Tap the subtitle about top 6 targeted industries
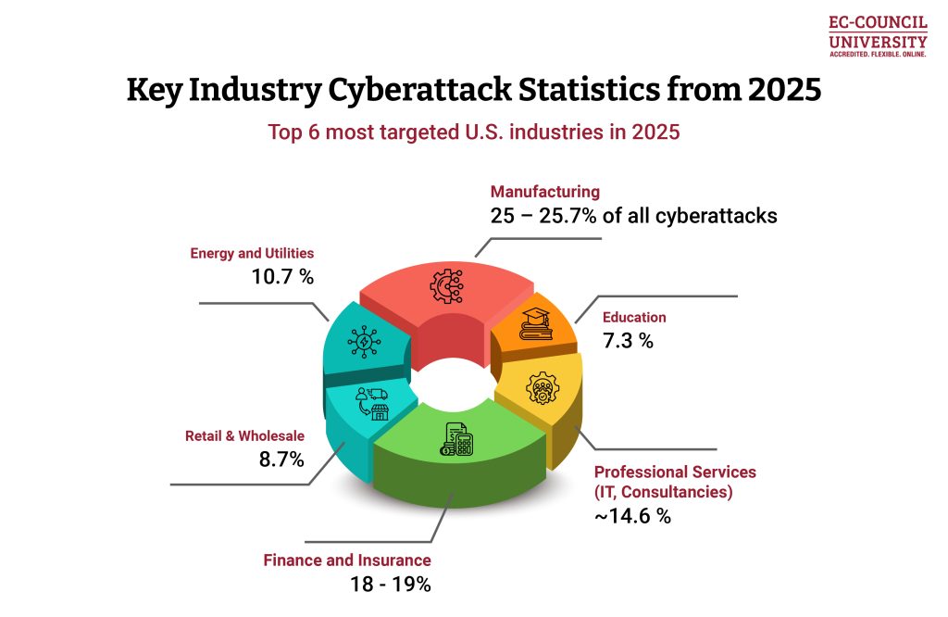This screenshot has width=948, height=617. click(x=474, y=132)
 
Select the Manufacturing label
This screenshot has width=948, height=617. click(x=545, y=192)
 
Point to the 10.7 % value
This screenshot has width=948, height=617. click(x=281, y=276)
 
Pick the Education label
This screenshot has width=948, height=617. click(x=634, y=318)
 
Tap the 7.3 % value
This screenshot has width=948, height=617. click(x=628, y=341)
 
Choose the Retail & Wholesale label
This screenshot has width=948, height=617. click(x=244, y=435)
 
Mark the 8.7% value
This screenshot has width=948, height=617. click(x=281, y=459)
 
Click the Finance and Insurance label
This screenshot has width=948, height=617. click(x=347, y=560)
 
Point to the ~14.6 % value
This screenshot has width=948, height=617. click(x=632, y=516)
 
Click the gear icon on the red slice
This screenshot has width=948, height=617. click(x=445, y=287)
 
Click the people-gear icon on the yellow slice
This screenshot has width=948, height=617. click(x=543, y=388)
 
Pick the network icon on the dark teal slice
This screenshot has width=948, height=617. click(x=361, y=340)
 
